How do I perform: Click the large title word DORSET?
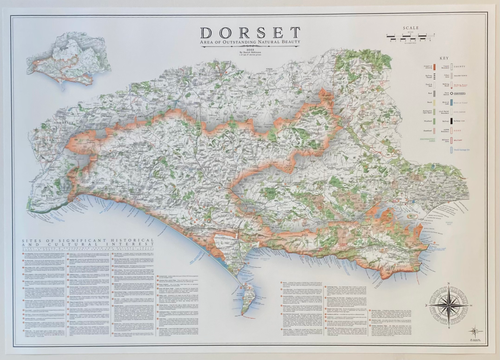(250, 33)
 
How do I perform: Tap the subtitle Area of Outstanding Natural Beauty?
(250, 44)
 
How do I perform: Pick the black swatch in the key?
(451, 121)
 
